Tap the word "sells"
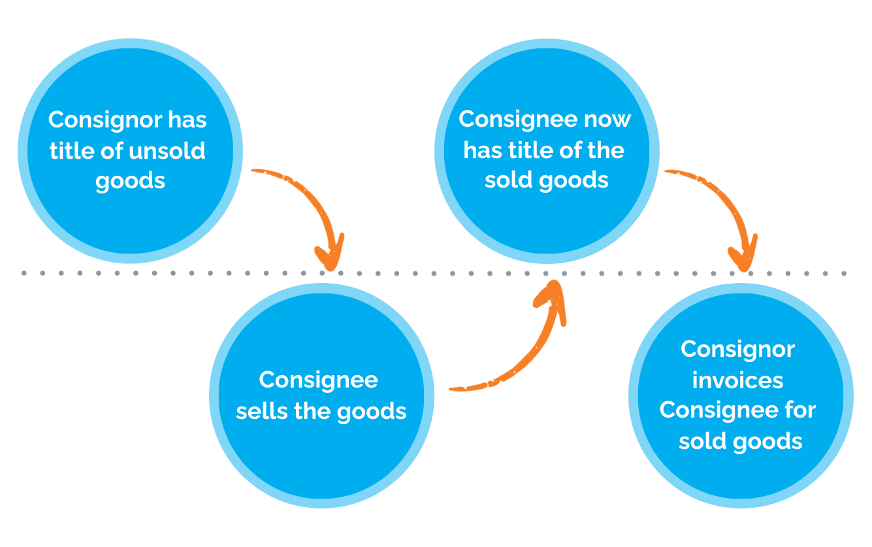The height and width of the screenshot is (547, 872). pos(259,412)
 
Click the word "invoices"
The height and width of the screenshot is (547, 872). pos(737,380)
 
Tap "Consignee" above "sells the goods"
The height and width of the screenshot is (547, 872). pos(318,380)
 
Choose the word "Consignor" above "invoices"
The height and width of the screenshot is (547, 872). pos(737,350)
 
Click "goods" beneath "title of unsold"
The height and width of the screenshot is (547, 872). pos(130,181)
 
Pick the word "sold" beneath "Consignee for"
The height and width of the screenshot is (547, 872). pos(700,442)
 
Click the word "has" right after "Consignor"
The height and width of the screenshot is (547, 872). pos(187,120)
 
